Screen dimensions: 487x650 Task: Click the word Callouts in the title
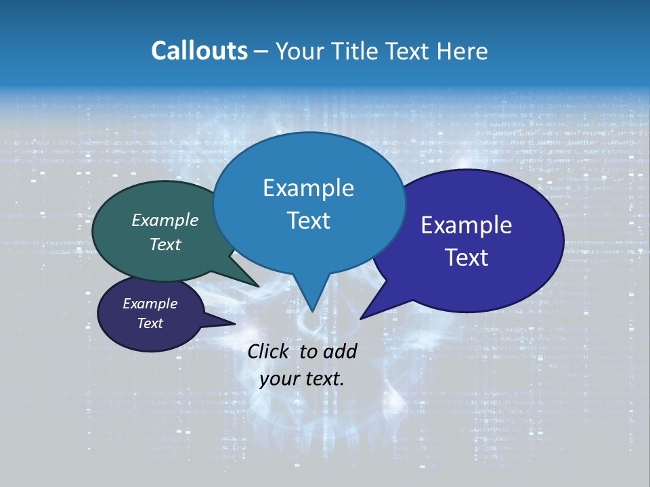pyautogui.click(x=199, y=51)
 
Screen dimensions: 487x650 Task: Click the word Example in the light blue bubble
pyautogui.click(x=308, y=188)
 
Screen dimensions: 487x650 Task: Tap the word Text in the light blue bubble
pyautogui.click(x=308, y=221)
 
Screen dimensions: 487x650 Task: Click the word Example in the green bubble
pyautogui.click(x=165, y=220)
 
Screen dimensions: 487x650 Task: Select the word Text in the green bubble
pyautogui.click(x=165, y=244)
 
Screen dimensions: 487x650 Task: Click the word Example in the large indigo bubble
pyautogui.click(x=467, y=225)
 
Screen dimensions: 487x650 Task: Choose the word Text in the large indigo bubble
pyautogui.click(x=467, y=258)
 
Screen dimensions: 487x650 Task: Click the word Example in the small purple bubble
pyautogui.click(x=150, y=304)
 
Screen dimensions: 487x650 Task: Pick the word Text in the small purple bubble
pyautogui.click(x=150, y=323)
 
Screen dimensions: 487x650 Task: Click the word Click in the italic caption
pyautogui.click(x=269, y=351)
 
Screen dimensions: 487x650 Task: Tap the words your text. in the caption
pyautogui.click(x=301, y=379)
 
